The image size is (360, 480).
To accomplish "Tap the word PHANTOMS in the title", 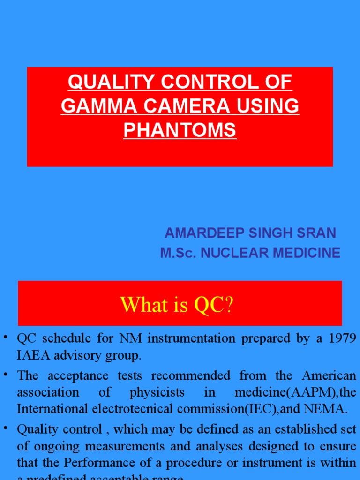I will (180, 130).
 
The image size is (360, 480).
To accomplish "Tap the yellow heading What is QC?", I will (177, 305).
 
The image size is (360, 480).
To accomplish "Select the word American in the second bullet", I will (329, 375).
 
